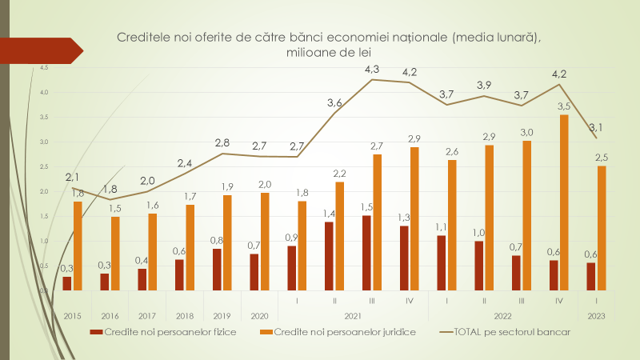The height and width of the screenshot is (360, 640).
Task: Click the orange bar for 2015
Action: click(x=78, y=246)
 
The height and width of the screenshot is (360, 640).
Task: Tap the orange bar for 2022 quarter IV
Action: click(x=564, y=202)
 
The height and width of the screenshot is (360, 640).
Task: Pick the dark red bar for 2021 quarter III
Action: click(x=366, y=253)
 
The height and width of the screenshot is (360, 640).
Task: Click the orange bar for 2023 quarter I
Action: click(x=601, y=228)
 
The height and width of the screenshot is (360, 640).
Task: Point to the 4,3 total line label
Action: click(x=371, y=70)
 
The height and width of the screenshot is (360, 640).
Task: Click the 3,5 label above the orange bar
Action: click(x=563, y=106)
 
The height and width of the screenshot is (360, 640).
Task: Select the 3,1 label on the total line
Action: click(x=594, y=127)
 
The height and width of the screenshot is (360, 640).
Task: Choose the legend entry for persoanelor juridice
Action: click(x=345, y=332)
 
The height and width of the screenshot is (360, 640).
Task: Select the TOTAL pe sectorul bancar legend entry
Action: click(x=512, y=332)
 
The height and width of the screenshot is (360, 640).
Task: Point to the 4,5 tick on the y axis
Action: click(x=44, y=68)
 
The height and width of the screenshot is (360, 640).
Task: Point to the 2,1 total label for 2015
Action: click(x=72, y=177)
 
